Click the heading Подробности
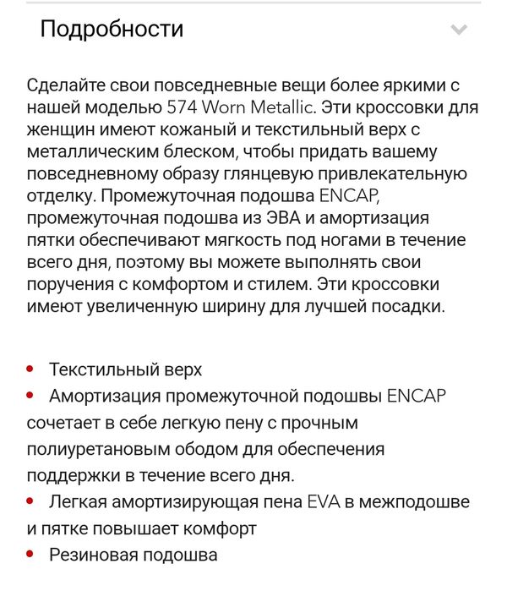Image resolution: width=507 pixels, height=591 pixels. click(112, 30)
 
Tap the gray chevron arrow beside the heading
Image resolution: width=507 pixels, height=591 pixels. click(459, 30)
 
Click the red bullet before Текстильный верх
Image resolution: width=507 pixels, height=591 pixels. click(30, 369)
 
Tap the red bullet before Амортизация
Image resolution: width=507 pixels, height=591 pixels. click(30, 396)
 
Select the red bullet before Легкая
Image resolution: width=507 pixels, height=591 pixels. click(30, 502)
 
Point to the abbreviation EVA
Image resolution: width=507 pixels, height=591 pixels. click(322, 502)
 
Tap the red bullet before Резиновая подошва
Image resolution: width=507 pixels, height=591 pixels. click(30, 555)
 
